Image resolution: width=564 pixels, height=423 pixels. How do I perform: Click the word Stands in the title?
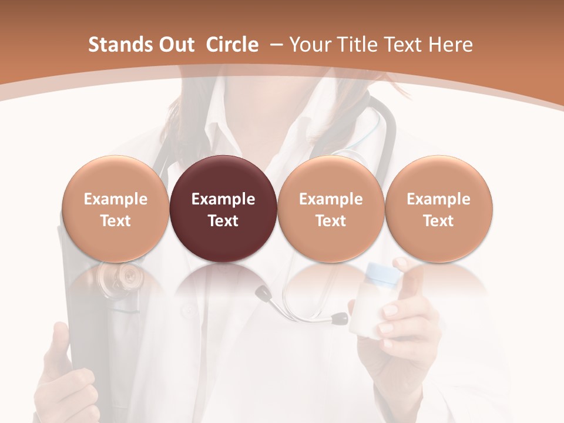coord(120,45)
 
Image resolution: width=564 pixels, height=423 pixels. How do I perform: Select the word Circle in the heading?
coord(232,45)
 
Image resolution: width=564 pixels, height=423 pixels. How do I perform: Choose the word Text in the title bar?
coord(407,45)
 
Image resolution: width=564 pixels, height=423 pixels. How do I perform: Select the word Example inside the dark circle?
coord(223,199)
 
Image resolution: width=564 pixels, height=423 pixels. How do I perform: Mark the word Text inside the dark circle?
coord(223,221)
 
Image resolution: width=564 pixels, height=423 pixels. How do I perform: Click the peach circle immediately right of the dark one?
coord(331,176)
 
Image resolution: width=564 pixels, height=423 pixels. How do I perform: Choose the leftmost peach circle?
coord(116,176)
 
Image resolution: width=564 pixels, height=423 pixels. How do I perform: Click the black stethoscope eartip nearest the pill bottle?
coord(340,319)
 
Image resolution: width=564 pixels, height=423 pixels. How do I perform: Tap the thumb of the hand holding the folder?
coord(61,347)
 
